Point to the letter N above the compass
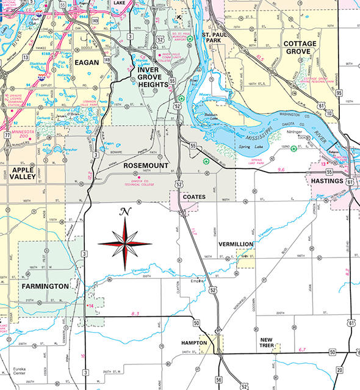point(126,212)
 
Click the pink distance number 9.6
point(281,169)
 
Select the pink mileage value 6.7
point(301,349)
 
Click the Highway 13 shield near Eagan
point(25,57)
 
